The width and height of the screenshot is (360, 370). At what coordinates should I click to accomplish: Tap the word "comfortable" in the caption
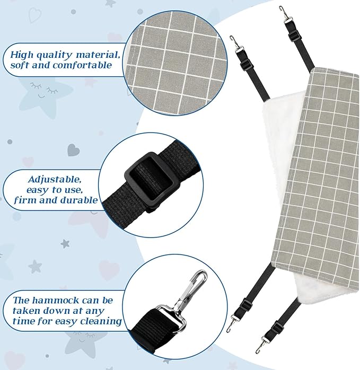click(82, 65)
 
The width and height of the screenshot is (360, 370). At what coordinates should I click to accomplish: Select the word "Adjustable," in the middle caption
click(55, 180)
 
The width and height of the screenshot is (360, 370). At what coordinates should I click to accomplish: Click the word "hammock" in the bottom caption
click(56, 300)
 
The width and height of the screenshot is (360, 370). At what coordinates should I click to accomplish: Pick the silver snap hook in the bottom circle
click(191, 291)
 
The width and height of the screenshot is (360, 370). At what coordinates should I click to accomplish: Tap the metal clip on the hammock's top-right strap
click(285, 14)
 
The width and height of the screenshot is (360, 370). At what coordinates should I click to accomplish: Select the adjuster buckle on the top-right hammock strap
click(294, 36)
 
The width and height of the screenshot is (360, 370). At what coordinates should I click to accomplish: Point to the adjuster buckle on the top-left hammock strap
click(246, 65)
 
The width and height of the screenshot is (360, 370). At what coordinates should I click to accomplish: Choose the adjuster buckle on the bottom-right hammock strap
click(277, 328)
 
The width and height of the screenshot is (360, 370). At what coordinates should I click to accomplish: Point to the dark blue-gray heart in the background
click(73, 150)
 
